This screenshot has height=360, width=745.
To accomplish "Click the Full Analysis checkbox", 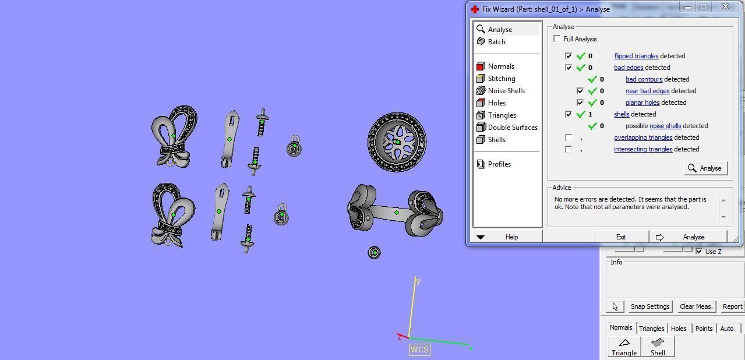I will [557, 39].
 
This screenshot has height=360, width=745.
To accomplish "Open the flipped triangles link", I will [636, 56].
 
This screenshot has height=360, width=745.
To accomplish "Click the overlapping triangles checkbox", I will [569, 137].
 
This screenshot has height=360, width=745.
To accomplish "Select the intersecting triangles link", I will [643, 149].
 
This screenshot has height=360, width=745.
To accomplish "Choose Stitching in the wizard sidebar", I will [501, 79].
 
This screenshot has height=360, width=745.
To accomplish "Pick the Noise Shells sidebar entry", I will [506, 91].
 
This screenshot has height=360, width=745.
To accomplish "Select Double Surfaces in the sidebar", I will [512, 128].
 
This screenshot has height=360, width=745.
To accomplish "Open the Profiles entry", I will [499, 164].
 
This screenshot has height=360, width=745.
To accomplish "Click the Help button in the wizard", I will [511, 237].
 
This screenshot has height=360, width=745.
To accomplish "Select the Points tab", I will [704, 329].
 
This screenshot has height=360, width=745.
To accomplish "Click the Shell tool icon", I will [658, 346].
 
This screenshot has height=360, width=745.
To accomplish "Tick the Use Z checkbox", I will [699, 251].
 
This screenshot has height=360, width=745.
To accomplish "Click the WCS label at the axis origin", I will [419, 350].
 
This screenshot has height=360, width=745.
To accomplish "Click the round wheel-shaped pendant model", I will [397, 142].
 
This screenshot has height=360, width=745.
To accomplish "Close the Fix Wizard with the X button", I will [725, 7].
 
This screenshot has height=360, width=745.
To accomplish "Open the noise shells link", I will [665, 126].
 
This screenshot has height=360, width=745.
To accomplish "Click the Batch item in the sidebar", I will [496, 42].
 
